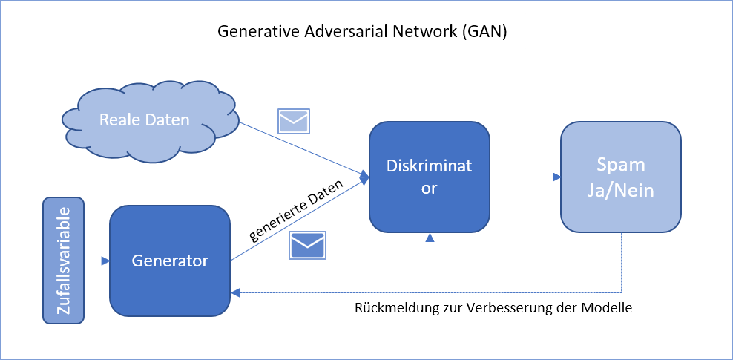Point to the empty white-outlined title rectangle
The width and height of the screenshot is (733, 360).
365,31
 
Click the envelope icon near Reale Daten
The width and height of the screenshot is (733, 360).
294,121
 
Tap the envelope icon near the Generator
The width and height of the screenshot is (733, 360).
307,245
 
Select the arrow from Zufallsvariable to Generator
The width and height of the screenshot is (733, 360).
96,261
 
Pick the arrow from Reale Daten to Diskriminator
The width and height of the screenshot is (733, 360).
304,149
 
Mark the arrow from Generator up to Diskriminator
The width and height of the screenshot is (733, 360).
300,218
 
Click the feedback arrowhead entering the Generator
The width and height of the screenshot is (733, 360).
235,293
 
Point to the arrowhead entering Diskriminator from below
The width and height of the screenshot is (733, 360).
430,237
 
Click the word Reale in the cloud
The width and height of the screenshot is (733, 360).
120,120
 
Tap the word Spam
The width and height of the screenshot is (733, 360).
621,164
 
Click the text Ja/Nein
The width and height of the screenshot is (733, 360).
621,191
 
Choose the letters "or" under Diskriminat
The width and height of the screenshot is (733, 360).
429,189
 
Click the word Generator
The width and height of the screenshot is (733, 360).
170,261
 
